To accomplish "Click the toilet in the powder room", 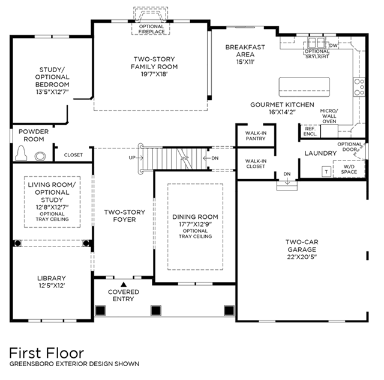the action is click(21, 153).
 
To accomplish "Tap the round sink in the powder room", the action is click(40, 156).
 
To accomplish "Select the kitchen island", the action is click(304, 87).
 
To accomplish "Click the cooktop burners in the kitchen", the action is click(359, 87).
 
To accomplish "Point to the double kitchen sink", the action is click(316, 43).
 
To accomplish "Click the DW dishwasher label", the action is click(333, 46).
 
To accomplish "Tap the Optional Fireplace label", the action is click(152, 29).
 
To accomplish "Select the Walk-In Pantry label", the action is click(256, 136).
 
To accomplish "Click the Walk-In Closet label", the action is click(256, 164).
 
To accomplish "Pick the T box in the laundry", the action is click(326, 171).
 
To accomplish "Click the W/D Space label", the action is click(349, 170).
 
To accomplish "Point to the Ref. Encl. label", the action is click(310, 131).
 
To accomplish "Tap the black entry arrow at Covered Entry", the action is click(124, 284).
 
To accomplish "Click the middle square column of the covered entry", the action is click(156, 310).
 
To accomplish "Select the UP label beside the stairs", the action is click(132, 158).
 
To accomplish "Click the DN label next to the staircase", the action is click(215, 158).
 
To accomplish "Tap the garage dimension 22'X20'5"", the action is click(302, 257).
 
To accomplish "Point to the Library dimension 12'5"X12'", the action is click(52, 286).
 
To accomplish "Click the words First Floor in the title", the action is click(47, 354).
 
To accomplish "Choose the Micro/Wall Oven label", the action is click(329, 116).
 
